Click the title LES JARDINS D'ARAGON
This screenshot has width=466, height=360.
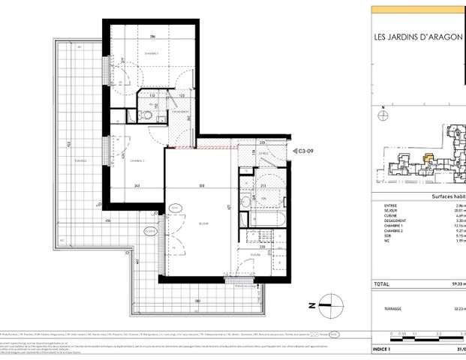tap(419, 39)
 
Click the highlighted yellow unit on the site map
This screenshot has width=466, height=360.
tap(429, 158)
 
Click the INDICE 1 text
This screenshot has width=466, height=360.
tap(385, 349)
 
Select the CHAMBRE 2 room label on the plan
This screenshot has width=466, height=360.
tap(137, 160)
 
